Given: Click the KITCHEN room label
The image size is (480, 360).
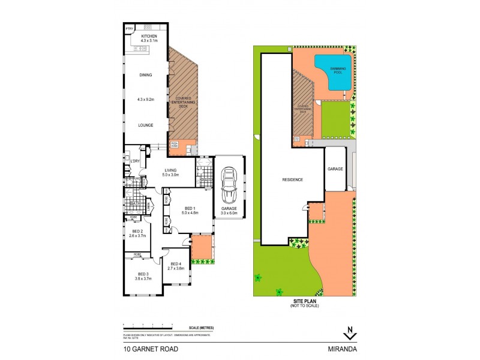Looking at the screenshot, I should pos(149,36).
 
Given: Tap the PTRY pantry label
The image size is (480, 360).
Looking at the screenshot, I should pos(129,29).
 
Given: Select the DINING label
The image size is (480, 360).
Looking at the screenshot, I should pos(145,75).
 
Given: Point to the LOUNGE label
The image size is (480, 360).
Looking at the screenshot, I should pos(145,125).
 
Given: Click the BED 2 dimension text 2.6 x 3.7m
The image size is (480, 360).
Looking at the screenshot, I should pos(137,235).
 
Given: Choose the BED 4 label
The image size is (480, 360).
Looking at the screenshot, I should pos(176,264).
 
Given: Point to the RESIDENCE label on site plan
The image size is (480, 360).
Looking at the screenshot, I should pos(293,179).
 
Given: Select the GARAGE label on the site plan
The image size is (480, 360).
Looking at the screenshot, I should pos(335,169).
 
